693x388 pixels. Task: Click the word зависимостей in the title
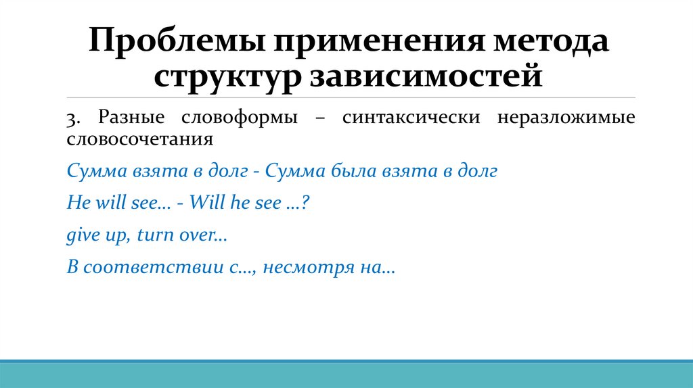[x=426, y=75]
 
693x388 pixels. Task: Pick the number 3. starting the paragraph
[x=74, y=118]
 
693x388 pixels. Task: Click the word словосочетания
[x=140, y=139]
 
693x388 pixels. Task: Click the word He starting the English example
[x=74, y=203]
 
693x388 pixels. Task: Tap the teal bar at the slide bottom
[x=346, y=374]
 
